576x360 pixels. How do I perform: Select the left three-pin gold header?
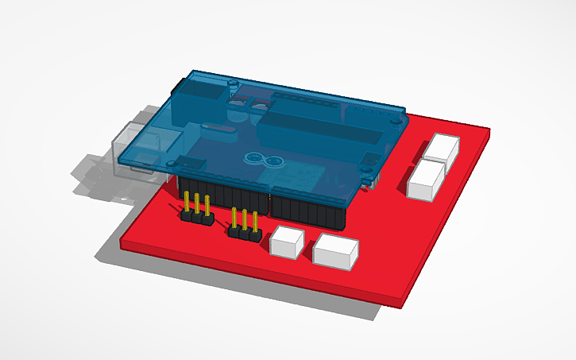click(x=196, y=208)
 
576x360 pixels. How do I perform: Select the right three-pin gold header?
click(x=245, y=224)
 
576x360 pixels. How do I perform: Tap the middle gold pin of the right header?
click(x=245, y=220)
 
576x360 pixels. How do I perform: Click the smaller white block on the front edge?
click(x=288, y=242)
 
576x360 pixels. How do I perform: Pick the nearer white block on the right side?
click(x=426, y=180)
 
